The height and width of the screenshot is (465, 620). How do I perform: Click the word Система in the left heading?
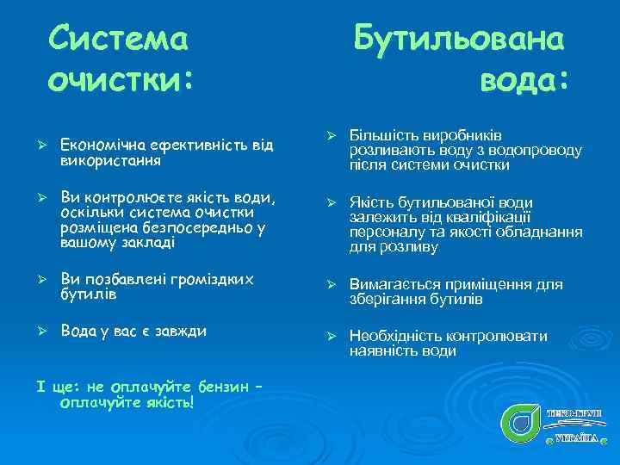(x=118, y=38)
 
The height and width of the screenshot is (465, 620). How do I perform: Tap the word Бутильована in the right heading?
(x=459, y=38)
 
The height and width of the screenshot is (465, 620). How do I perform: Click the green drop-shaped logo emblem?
(x=520, y=422)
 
